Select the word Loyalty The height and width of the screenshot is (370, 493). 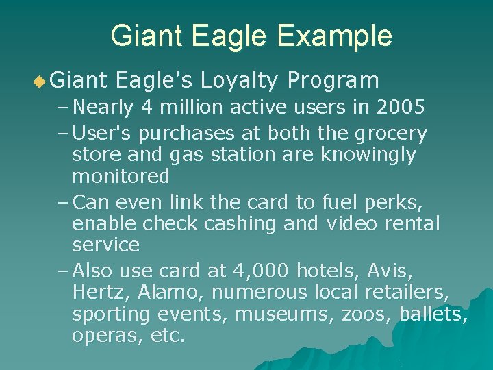[x=239, y=82]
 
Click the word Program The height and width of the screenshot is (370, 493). [x=333, y=81]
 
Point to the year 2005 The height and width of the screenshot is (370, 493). [x=401, y=108]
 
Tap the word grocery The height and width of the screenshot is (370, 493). [x=391, y=134]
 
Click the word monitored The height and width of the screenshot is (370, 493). [x=121, y=176]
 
